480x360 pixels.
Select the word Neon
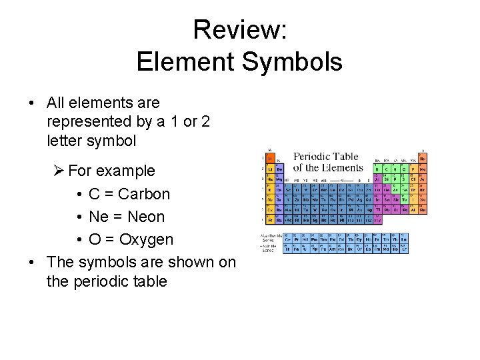click(x=146, y=217)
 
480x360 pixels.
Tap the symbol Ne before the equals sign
click(x=99, y=217)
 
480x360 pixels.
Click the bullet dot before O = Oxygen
click(x=79, y=239)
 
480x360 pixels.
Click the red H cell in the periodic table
click(x=270, y=159)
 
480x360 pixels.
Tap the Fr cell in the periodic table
click(x=270, y=219)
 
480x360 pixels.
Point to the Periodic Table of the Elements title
click(x=327, y=162)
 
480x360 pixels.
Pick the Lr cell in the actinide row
click(x=405, y=249)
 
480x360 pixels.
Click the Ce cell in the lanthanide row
click(x=288, y=239)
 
